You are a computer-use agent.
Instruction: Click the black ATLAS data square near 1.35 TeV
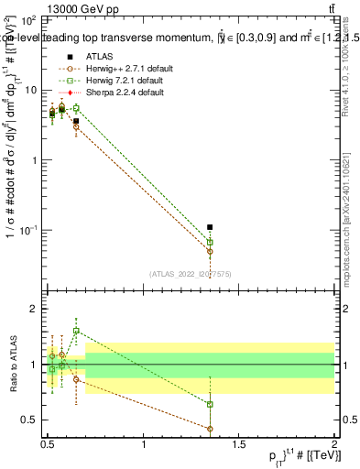point(210,226)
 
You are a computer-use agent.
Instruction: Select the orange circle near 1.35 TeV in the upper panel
point(210,250)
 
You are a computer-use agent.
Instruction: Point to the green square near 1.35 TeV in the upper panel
point(210,242)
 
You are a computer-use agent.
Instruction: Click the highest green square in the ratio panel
point(76,331)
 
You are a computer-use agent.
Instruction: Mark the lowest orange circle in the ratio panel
point(210,429)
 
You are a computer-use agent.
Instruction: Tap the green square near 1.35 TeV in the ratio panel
point(210,404)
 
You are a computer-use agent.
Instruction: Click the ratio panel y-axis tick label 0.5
point(33,420)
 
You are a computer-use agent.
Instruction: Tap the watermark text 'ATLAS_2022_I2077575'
point(191,274)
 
